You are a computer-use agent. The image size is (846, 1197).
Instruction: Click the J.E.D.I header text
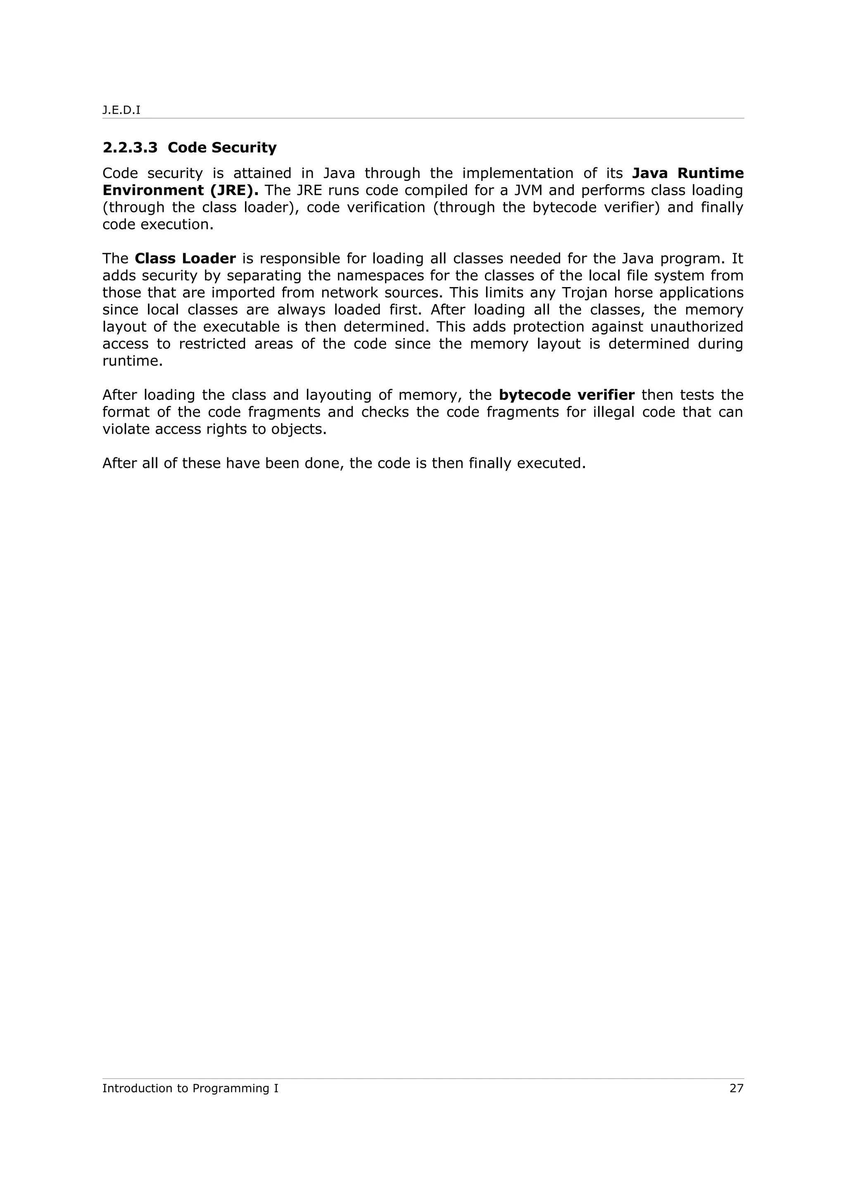pos(121,111)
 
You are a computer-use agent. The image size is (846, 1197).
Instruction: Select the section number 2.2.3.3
pos(130,147)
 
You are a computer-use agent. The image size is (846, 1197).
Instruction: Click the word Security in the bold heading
pos(244,147)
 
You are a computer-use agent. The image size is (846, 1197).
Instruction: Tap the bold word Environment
pos(152,190)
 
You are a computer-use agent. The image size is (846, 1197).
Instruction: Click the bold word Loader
pos(209,259)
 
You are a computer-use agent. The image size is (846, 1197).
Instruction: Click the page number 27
pos(736,1088)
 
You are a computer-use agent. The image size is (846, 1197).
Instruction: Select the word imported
pos(243,292)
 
